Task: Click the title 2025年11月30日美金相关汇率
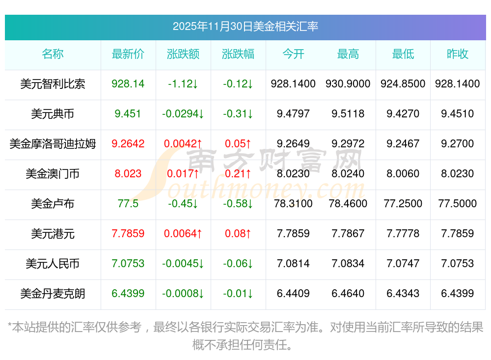[245, 26]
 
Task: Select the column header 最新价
[128, 54]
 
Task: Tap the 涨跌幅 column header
[238, 54]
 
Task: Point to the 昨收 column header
[458, 54]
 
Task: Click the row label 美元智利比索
[53, 84]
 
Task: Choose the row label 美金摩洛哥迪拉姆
[53, 144]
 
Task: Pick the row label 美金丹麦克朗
[53, 294]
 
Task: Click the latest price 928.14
[128, 84]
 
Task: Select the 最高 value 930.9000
[348, 84]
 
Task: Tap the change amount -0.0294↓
[183, 114]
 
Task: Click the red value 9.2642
[128, 144]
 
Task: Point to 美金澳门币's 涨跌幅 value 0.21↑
[238, 174]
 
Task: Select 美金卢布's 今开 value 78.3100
[293, 204]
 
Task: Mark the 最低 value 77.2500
[403, 204]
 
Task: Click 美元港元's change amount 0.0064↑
[183, 234]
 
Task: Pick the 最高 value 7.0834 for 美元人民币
[348, 264]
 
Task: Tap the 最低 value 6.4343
[403, 294]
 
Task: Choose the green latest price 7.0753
[128, 264]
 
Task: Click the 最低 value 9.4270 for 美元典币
[403, 114]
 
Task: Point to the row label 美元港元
[53, 234]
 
